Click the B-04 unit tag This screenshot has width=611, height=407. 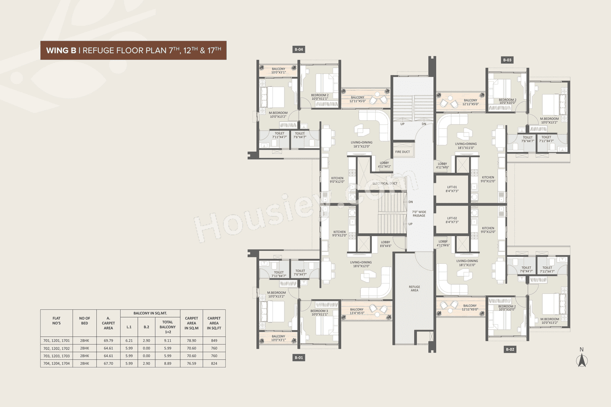[x=299, y=49]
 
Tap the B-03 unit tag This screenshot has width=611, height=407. [x=507, y=60]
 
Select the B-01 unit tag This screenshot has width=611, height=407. [x=299, y=357]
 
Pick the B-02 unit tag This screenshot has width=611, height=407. [x=510, y=350]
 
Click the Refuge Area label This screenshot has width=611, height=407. [x=414, y=288]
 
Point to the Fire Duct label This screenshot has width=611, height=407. [x=402, y=152]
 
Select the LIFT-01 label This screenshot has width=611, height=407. [x=452, y=189]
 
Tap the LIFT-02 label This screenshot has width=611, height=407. [x=452, y=220]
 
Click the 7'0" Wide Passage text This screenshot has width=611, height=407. [x=419, y=214]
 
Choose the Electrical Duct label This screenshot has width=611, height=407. [x=384, y=183]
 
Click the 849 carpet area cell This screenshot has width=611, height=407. [x=214, y=340]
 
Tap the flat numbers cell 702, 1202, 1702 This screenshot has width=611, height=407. [x=56, y=348]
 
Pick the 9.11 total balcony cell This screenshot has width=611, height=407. [x=168, y=340]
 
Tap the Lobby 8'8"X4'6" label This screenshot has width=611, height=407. [x=385, y=244]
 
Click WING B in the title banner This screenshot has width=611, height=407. [x=61, y=50]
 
